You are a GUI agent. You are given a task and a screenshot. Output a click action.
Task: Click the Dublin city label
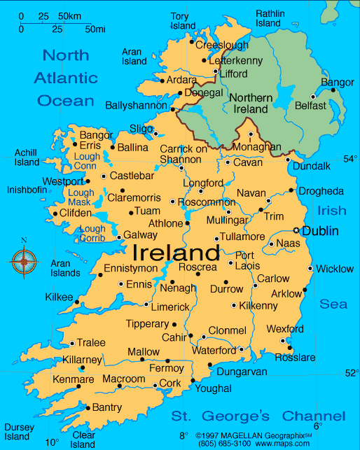(x=321, y=231)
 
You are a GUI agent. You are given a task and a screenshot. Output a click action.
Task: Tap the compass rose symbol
(x=24, y=262)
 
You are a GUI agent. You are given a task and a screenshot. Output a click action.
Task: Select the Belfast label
(x=310, y=106)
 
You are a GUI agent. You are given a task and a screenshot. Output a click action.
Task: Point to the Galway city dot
(x=118, y=236)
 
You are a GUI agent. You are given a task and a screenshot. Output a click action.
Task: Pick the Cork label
(x=170, y=384)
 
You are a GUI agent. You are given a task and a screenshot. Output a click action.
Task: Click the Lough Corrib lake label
(x=92, y=234)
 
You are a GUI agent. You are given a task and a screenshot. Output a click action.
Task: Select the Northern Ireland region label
(x=250, y=104)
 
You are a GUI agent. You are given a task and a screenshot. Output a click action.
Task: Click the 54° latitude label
(x=350, y=159)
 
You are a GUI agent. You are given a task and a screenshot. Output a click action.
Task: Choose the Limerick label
(x=170, y=307)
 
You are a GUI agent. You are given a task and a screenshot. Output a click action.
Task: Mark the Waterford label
(x=214, y=350)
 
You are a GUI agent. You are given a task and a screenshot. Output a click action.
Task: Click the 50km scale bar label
(x=69, y=15)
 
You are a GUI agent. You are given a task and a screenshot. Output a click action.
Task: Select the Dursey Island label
(x=17, y=432)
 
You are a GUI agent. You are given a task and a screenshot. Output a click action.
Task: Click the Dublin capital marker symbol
(x=296, y=231)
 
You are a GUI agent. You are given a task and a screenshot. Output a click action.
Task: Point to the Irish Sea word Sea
(x=333, y=304)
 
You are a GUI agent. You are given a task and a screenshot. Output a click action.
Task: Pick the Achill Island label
(x=27, y=157)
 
